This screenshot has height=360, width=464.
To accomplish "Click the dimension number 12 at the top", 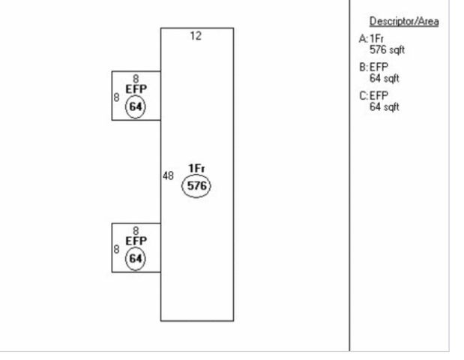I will (x=196, y=36).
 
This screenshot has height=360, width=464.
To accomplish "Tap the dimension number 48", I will (x=169, y=175).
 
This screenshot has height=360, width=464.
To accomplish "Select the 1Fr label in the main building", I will (x=196, y=168).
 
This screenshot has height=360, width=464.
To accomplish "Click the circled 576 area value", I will (x=196, y=186).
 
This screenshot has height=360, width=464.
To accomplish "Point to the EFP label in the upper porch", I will (x=136, y=88).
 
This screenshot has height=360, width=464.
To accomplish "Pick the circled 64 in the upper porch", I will (x=136, y=107).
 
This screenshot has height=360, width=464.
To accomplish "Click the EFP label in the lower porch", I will (x=136, y=241).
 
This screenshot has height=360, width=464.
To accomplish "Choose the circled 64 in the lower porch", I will (x=136, y=259).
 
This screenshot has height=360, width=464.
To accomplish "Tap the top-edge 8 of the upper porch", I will (x=136, y=78).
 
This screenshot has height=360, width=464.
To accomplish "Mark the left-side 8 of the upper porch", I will (x=116, y=97).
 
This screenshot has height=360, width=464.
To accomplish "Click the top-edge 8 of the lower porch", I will (x=136, y=230).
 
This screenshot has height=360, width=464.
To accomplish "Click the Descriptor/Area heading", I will (x=404, y=21).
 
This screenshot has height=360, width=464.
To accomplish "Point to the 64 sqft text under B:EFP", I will (x=384, y=78).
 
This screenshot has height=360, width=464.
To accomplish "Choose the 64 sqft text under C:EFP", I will (x=384, y=107).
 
